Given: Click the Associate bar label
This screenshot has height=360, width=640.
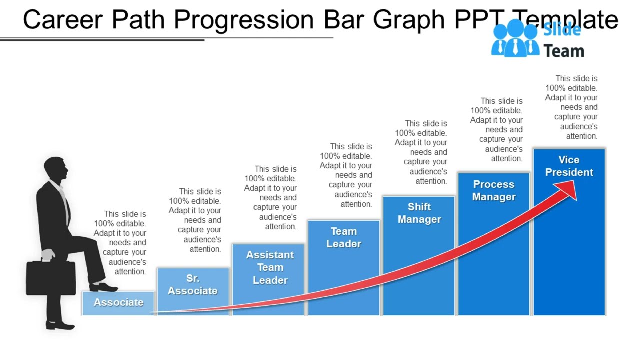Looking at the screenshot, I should tap(118, 302).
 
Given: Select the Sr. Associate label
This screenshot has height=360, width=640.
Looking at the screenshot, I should tap(193, 285).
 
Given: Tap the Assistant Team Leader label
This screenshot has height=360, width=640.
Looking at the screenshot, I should tap(270, 267).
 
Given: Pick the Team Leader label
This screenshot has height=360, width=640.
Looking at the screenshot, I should tap(344, 237).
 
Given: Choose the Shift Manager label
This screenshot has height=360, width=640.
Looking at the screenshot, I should tap(419, 213).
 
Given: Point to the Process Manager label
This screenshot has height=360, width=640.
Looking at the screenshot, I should tap(494, 190).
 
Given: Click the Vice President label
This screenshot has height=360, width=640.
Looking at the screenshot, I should tap(569, 166).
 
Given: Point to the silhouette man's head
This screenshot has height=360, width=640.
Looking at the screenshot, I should tap(55, 170).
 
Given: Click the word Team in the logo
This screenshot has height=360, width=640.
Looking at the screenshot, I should tap(564, 51).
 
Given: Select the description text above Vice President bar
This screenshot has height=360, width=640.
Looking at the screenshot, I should tap(572, 107).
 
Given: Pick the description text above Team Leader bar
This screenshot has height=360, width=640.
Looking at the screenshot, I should tap(346, 175).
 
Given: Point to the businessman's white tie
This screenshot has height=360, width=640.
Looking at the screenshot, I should tap(65, 205).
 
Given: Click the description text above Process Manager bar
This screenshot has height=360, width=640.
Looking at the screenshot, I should tap(497, 130).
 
